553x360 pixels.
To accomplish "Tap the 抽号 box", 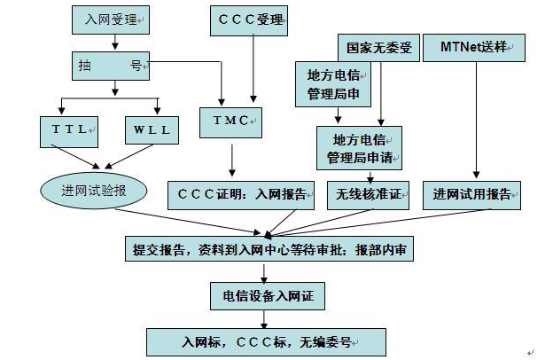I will (x=110, y=66).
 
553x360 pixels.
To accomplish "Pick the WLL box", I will (x=152, y=130).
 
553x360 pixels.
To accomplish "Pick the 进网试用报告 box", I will (x=475, y=192).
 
